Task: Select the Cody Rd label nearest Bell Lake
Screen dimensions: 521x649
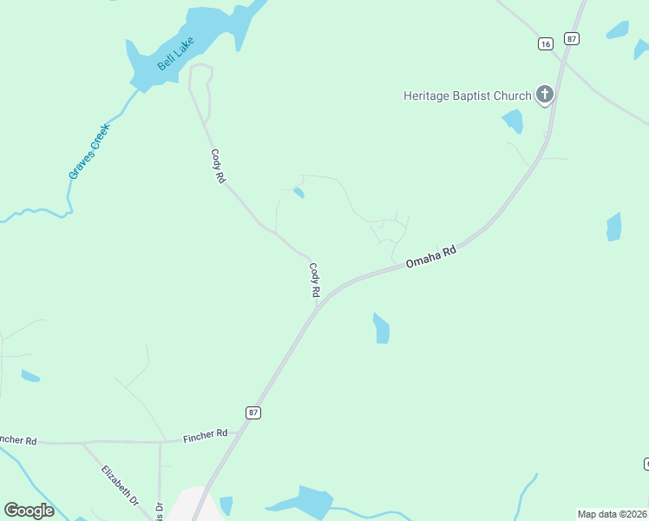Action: pos(218,165)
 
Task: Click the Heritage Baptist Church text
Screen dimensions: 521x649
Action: pos(467,96)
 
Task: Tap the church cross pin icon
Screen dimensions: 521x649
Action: pos(544,94)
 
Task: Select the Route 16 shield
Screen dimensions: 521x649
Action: pos(544,43)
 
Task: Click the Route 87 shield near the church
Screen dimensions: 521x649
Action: pos(571,38)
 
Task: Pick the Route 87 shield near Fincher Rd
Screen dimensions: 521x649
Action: pos(252,413)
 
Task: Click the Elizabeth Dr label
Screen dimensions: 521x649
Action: pos(120,485)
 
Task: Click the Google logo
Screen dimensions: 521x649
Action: pos(29,511)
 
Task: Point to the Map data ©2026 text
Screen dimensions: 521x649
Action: pos(612,514)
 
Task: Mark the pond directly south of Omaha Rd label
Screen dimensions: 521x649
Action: pos(381,328)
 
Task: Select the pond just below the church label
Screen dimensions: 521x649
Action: pos(514,122)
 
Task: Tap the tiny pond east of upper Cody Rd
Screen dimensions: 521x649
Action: pos(298,192)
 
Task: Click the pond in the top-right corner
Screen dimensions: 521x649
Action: pos(618,30)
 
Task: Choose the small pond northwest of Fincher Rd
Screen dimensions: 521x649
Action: pos(30,376)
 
